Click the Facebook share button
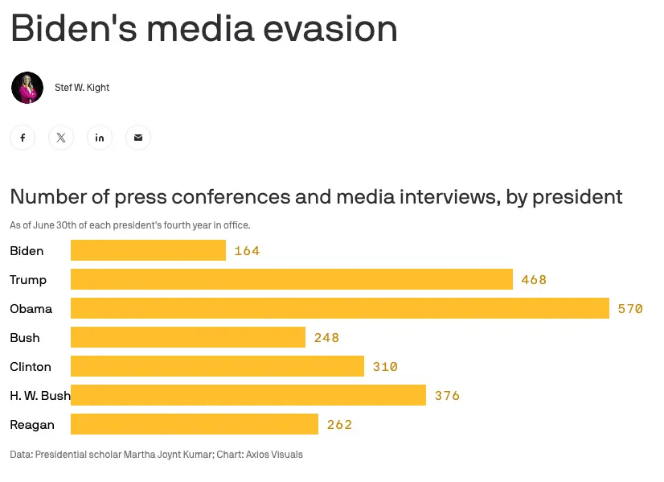tap(23, 138)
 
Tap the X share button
tap(61, 138)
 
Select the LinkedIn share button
tap(100, 138)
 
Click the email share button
tap(138, 138)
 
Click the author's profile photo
tap(27, 88)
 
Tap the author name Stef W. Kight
tap(82, 88)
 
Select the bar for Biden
tap(148, 251)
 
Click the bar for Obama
tap(339, 309)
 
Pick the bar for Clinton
tap(217, 367)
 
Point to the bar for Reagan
tap(194, 425)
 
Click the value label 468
tap(534, 280)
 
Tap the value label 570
tap(630, 309)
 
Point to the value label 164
tap(247, 251)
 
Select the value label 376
tap(447, 396)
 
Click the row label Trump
tap(28, 280)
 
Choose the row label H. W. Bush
tap(40, 396)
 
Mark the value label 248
tap(326, 338)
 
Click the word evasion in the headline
tap(330, 30)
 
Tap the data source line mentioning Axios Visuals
tap(156, 455)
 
